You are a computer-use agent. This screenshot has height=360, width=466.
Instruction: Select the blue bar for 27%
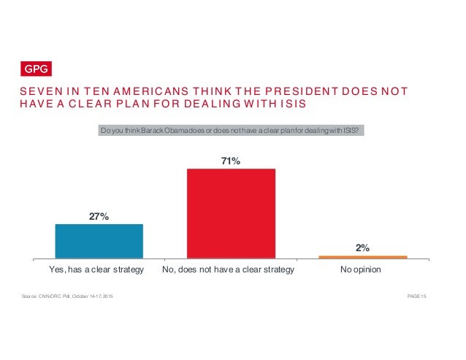(99, 241)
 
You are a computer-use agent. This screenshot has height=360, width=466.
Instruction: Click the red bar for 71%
(231, 213)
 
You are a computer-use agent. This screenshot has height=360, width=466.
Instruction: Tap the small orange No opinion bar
(363, 257)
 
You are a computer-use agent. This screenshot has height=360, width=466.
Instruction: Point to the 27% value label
(99, 216)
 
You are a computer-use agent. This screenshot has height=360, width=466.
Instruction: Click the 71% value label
(232, 161)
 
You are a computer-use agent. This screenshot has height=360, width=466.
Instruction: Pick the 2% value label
(363, 248)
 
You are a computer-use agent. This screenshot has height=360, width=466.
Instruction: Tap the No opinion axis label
(361, 270)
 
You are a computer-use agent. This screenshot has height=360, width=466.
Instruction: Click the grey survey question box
(232, 131)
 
